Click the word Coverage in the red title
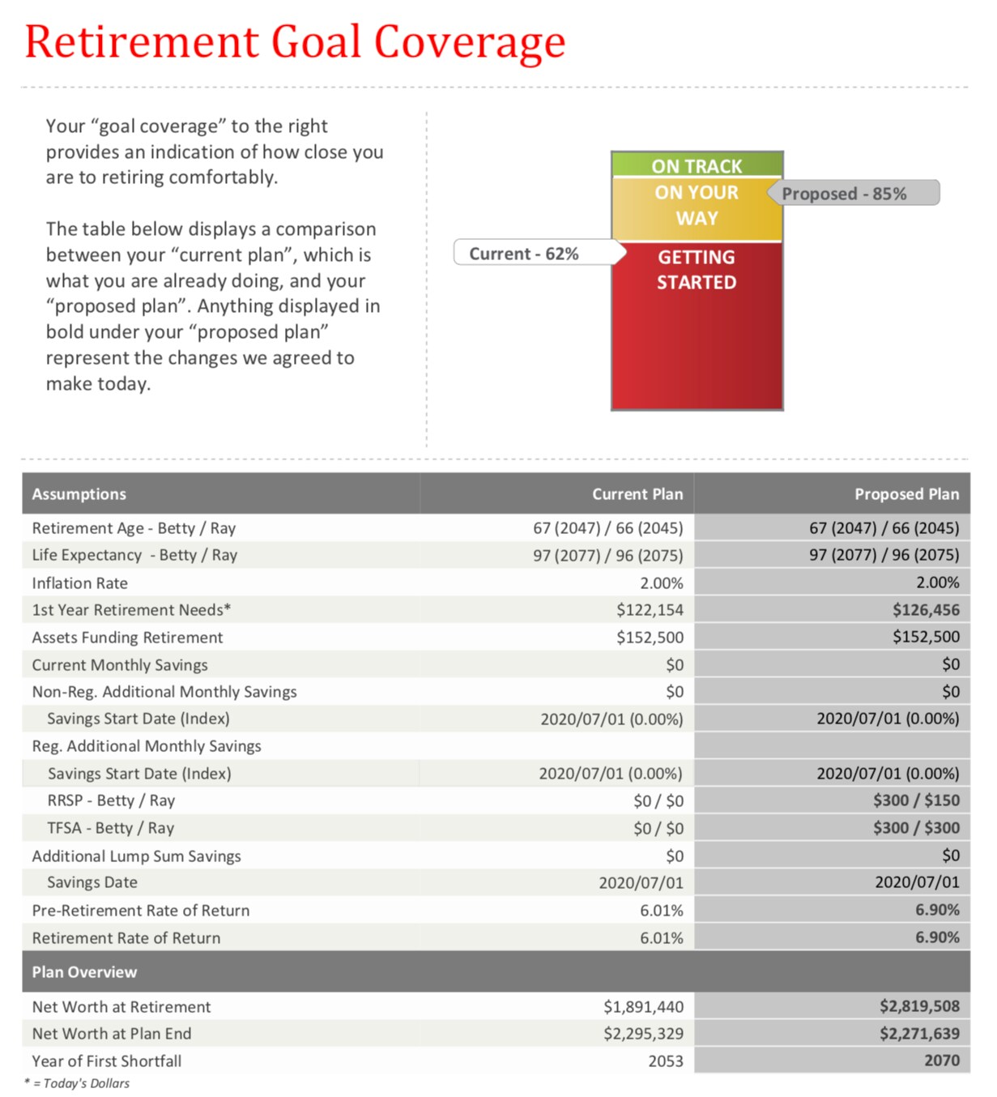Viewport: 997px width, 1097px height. [469, 42]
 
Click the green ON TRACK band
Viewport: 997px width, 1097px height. [697, 165]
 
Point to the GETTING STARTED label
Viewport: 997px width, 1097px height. [697, 270]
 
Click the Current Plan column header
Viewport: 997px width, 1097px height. [637, 494]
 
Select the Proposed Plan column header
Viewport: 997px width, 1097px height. [906, 494]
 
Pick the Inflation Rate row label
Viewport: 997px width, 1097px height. [80, 583]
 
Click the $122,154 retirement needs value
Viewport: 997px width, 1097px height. [650, 610]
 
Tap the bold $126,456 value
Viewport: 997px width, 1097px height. [926, 610]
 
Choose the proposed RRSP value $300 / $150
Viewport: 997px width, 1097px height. [916, 800]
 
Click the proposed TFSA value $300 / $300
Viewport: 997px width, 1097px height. [916, 828]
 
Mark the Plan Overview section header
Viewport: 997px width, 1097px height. [84, 972]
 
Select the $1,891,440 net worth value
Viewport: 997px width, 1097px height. [643, 1007]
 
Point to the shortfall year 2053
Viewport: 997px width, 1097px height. [666, 1061]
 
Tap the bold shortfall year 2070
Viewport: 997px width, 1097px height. [942, 1061]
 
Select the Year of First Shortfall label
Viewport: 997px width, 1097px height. [107, 1061]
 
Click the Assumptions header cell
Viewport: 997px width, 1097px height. [79, 494]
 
